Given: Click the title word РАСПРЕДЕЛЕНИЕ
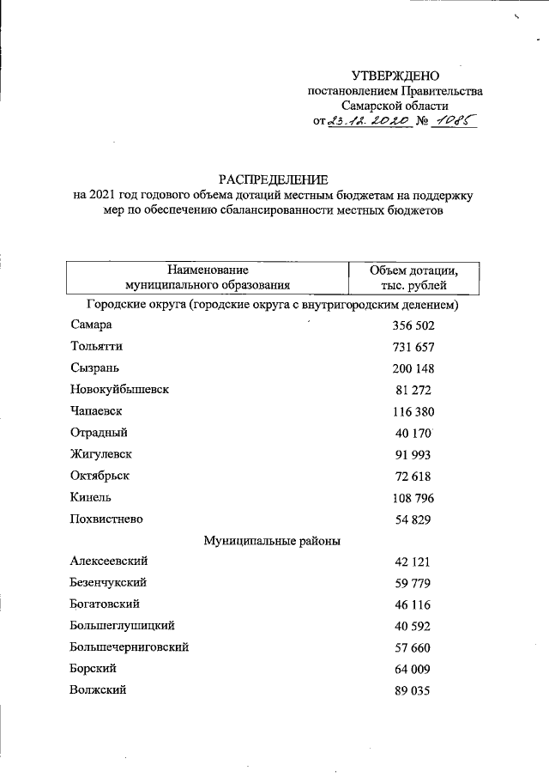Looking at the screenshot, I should click(x=273, y=179).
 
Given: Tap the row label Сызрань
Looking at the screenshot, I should click(x=94, y=368).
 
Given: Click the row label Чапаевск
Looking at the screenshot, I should click(x=98, y=411).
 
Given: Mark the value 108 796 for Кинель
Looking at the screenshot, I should click(x=413, y=497).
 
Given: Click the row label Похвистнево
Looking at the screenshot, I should click(x=106, y=519).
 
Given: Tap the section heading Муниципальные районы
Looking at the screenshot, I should click(x=272, y=540).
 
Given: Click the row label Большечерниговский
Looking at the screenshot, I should click(x=130, y=647).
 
